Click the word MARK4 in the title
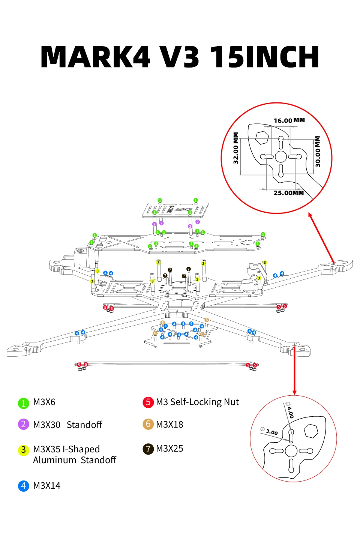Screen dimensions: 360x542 pyautogui.click(x=96, y=57)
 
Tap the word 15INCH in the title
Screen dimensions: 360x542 pyautogui.click(x=264, y=57)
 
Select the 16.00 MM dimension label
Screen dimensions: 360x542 pyautogui.click(x=289, y=120)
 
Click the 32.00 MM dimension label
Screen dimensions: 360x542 pyautogui.click(x=235, y=148)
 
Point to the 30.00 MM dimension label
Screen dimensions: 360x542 pyautogui.click(x=317, y=152)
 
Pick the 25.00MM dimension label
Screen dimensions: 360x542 pyautogui.click(x=289, y=193)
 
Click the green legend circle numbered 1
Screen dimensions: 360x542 pyautogui.click(x=24, y=403)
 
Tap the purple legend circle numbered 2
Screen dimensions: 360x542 pyautogui.click(x=24, y=424)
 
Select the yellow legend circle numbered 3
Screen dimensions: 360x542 pyautogui.click(x=24, y=450)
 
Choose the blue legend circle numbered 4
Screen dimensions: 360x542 pyautogui.click(x=24, y=486)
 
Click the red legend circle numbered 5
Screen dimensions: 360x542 pyautogui.click(x=148, y=402)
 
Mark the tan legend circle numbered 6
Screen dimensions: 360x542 pyautogui.click(x=148, y=424)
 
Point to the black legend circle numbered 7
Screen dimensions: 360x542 pyautogui.click(x=148, y=449)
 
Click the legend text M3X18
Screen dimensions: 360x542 pyautogui.click(x=169, y=424)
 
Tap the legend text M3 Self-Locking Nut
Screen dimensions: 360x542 pyautogui.click(x=197, y=402)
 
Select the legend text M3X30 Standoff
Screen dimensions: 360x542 pyautogui.click(x=68, y=425)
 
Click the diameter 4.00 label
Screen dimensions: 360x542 pyautogui.click(x=289, y=410)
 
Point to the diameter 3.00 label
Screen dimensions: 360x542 pyautogui.click(x=269, y=431)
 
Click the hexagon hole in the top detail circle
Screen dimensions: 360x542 pyautogui.click(x=262, y=138)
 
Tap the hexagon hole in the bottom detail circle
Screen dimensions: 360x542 pyautogui.click(x=311, y=431)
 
